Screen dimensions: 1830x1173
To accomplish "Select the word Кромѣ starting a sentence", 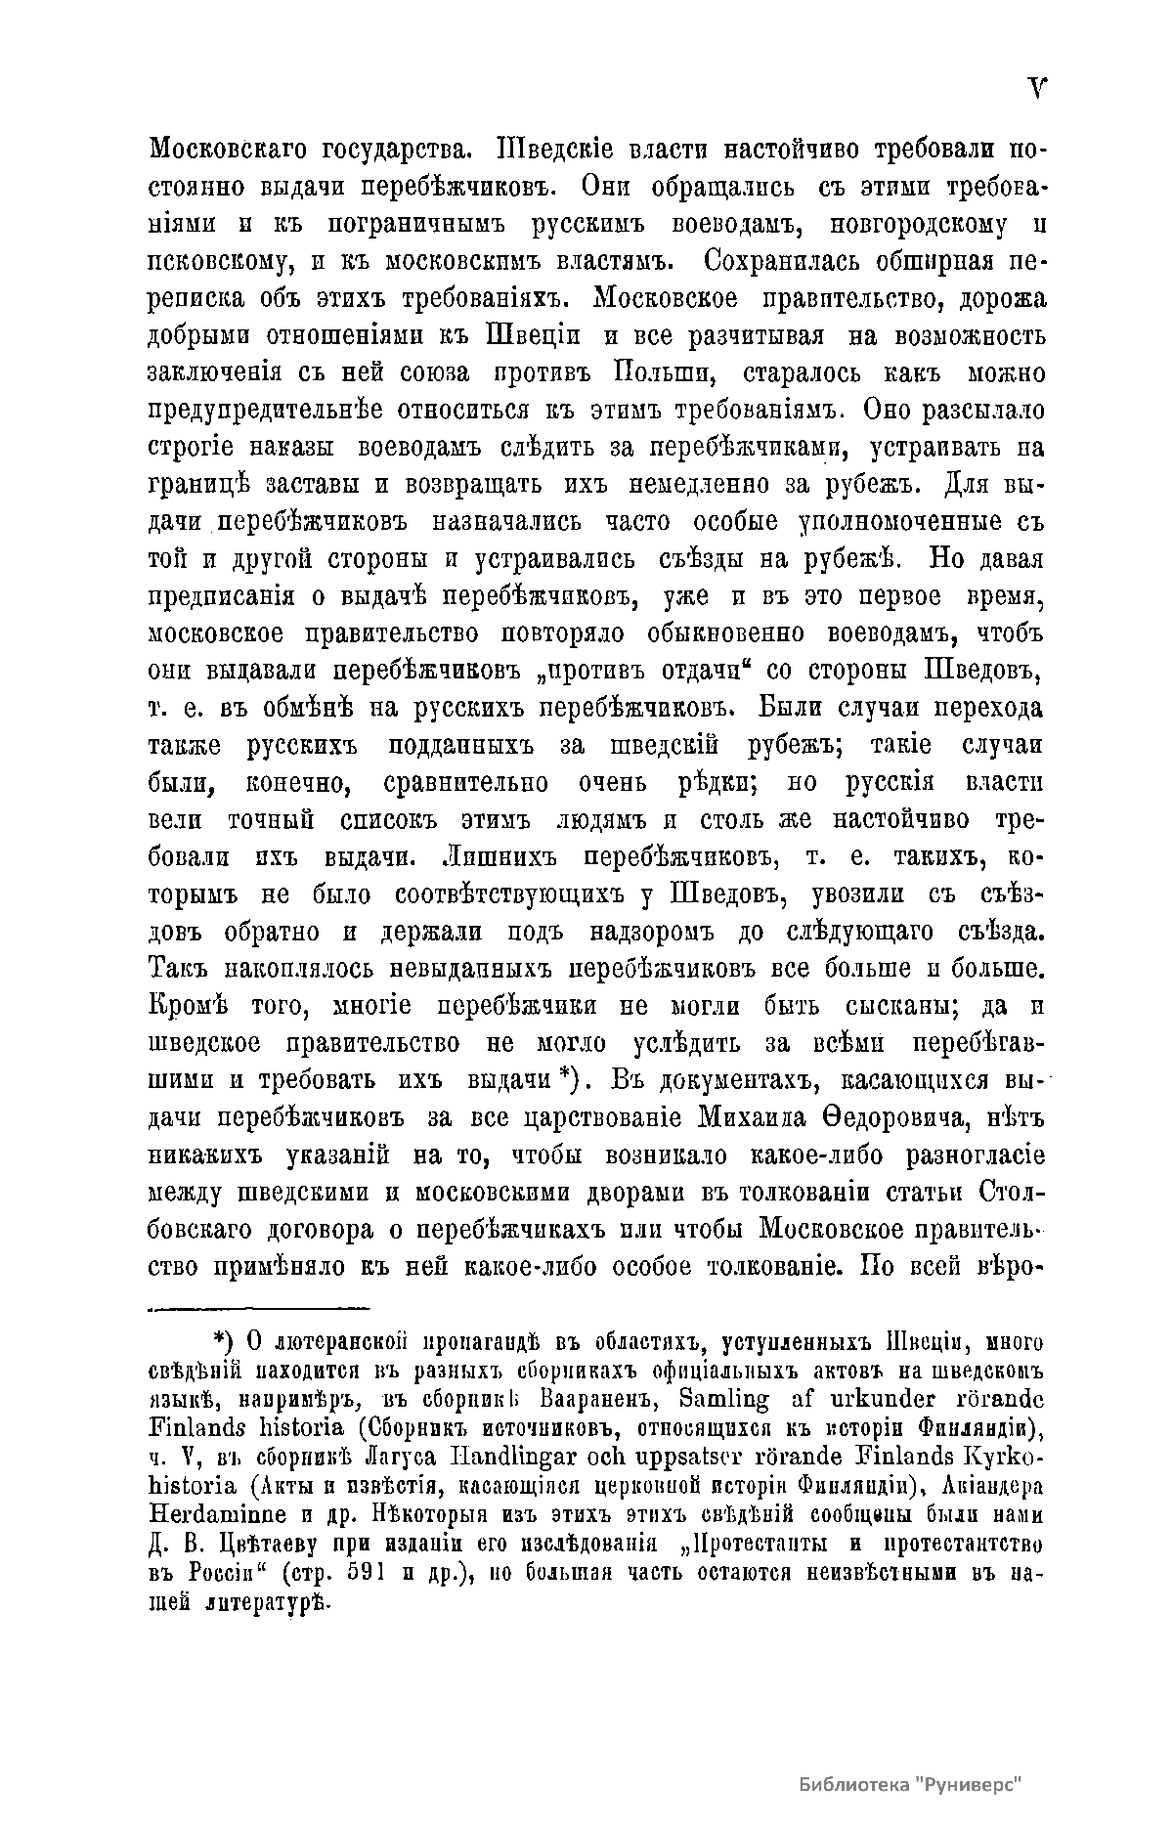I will coord(188,1006).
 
